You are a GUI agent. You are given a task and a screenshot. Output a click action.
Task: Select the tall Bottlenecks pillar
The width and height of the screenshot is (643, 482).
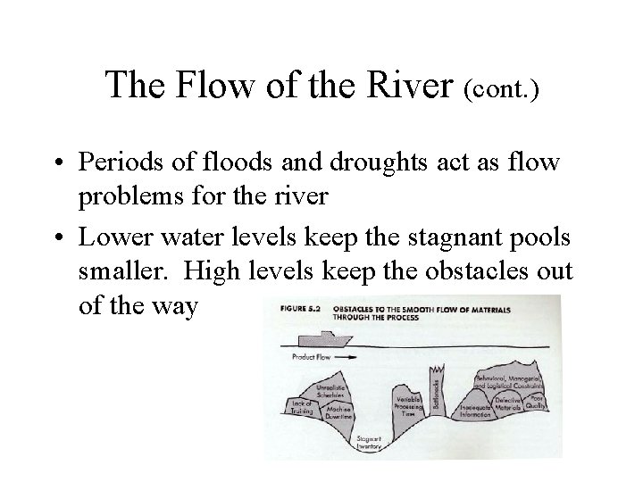pyautogui.click(x=438, y=393)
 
